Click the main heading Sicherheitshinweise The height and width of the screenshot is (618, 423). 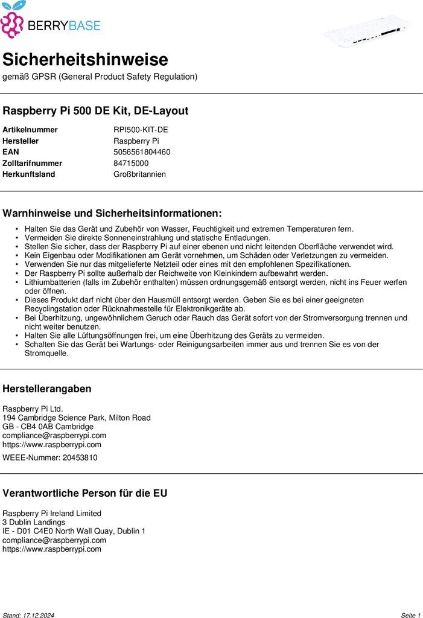[85, 60]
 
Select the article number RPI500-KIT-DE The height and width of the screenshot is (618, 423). [141, 130]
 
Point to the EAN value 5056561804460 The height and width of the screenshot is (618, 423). [142, 152]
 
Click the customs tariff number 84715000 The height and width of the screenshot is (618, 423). [131, 163]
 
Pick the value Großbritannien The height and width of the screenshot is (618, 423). [139, 174]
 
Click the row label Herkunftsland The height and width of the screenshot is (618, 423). [29, 174]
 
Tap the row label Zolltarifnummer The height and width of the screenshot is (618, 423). [33, 163]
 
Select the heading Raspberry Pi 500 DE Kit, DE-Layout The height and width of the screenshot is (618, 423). [95, 111]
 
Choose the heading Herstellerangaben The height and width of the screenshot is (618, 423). [47, 389]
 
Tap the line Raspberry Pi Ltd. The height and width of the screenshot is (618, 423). [33, 409]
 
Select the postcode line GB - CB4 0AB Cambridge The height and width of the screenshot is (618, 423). [48, 427]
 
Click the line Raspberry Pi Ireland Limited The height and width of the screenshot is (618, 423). [52, 513]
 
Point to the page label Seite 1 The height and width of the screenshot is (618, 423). [410, 615]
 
